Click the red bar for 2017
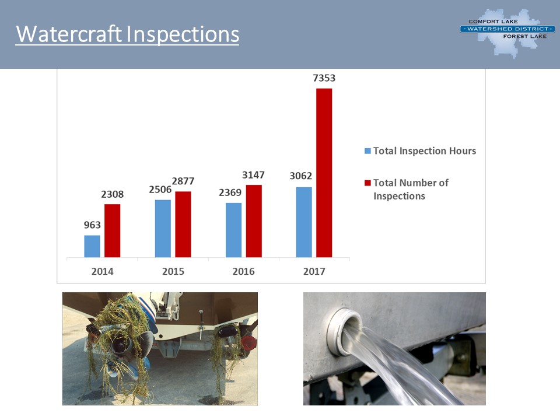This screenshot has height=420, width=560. click(324, 173)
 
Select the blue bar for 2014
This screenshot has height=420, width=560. click(92, 246)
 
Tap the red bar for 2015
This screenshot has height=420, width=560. click(183, 224)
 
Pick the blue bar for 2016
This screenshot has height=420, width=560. click(233, 230)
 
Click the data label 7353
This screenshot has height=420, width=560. click(324, 78)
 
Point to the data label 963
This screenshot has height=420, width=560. click(92, 225)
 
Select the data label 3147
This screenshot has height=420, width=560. click(253, 175)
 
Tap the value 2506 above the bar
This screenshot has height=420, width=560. click(160, 189)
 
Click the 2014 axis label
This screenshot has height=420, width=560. click(102, 271)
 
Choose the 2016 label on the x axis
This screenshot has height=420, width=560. click(244, 271)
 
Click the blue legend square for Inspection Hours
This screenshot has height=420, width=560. click(367, 151)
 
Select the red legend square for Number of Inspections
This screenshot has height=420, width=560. click(367, 183)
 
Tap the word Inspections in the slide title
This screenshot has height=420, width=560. click(183, 35)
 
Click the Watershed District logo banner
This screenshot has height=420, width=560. click(508, 29)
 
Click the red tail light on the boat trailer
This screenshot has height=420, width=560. click(249, 343)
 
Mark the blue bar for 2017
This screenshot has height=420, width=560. click(304, 222)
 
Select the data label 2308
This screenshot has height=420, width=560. click(112, 194)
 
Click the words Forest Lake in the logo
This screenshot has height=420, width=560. click(524, 36)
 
